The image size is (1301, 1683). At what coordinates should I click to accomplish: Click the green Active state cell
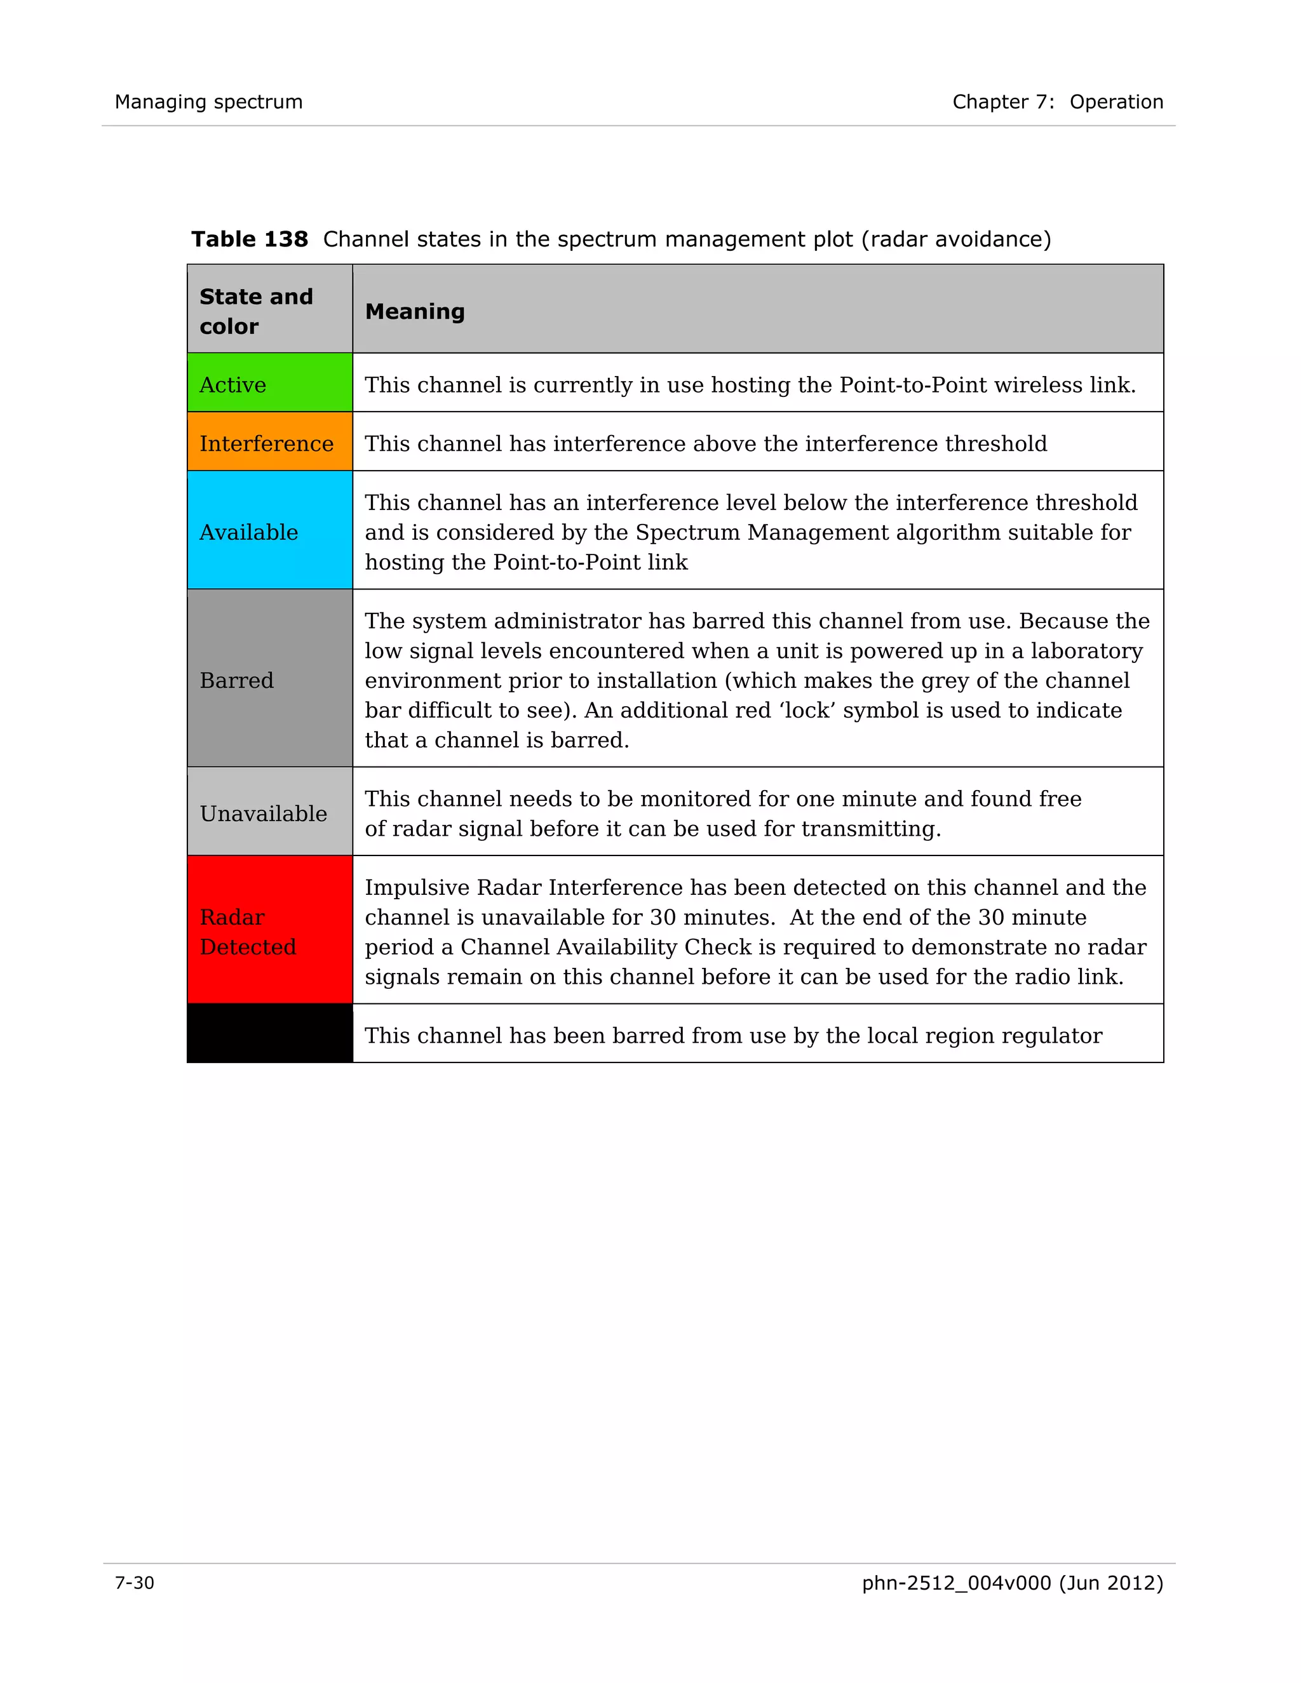tap(270, 383)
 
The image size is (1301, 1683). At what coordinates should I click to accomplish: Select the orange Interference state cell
tap(270, 442)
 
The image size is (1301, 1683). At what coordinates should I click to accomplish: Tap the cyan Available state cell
tap(270, 531)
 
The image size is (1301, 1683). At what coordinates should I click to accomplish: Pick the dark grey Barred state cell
tap(270, 679)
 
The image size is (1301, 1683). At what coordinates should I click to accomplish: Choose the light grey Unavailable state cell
tap(270, 812)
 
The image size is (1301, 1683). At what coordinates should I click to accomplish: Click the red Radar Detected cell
tap(270, 931)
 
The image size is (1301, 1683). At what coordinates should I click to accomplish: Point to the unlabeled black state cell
tap(270, 1034)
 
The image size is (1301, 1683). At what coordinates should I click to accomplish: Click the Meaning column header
tap(415, 311)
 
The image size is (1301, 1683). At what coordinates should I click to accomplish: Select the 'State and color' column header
tap(256, 311)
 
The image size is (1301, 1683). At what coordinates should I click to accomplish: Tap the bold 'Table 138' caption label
tap(250, 239)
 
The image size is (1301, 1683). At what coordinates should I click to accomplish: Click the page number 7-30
tap(135, 1583)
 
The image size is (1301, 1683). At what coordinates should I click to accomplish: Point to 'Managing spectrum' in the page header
tap(209, 102)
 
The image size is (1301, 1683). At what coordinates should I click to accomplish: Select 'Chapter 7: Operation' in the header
tap(1058, 102)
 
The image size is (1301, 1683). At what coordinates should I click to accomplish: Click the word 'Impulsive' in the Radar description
tap(417, 888)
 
